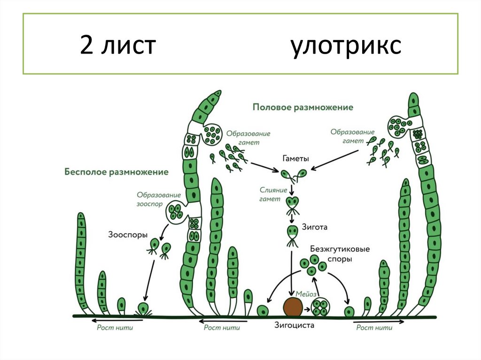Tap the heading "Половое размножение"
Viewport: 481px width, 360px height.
click(x=303, y=107)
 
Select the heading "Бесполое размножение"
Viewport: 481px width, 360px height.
click(x=116, y=172)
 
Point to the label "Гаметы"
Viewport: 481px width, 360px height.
click(x=295, y=159)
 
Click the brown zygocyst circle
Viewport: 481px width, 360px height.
click(x=293, y=307)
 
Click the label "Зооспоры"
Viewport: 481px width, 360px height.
click(x=128, y=233)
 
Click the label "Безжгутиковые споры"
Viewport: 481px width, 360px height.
click(x=334, y=253)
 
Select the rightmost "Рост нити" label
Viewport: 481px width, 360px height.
click(x=374, y=327)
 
